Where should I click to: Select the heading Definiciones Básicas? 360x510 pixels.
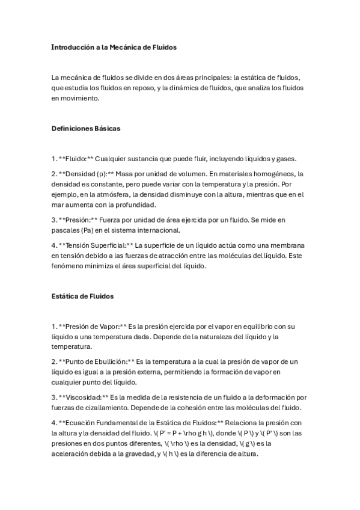[x=86, y=129]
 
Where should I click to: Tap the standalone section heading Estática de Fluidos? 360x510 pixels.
[x=83, y=296]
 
